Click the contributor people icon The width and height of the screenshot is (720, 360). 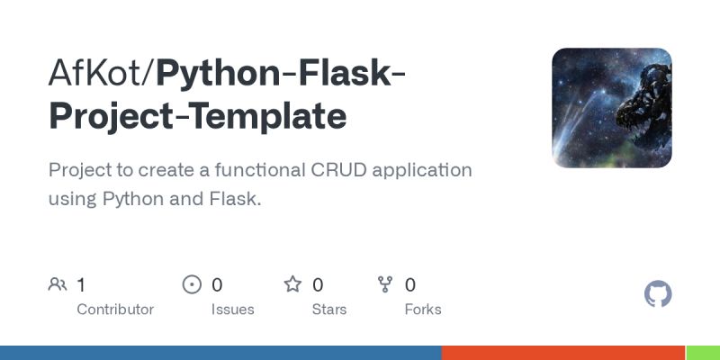coord(58,285)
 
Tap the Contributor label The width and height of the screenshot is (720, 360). coord(115,309)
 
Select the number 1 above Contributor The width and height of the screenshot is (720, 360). coord(81,285)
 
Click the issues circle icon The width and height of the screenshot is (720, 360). coord(192,285)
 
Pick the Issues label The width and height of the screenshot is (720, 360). coord(233,309)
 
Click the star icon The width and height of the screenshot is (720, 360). coord(292,285)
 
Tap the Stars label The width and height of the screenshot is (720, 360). coord(329,309)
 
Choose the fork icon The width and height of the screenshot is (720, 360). coord(386,285)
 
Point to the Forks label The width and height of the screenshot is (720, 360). coord(423,309)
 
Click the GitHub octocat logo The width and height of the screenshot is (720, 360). coord(659,294)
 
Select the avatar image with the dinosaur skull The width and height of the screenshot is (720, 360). coord(612,108)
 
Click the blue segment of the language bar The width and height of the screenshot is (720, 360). coord(220,353)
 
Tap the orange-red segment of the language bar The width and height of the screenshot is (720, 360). coord(563,353)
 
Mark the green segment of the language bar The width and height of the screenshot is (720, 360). coord(703,353)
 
